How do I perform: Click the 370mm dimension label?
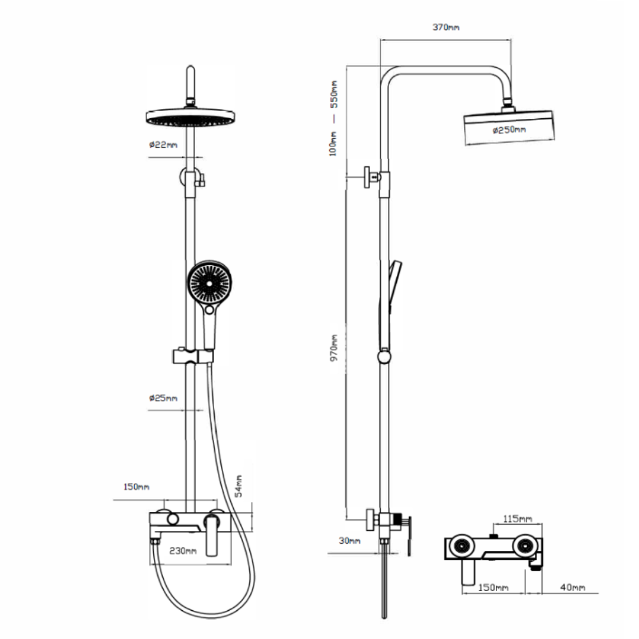tap(446, 27)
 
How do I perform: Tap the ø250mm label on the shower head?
tap(509, 130)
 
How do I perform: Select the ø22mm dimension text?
tap(163, 144)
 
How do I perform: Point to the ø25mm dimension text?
tap(163, 397)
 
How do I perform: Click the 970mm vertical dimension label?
tap(334, 348)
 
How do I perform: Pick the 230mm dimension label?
tap(183, 551)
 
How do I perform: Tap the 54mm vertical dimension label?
tap(239, 486)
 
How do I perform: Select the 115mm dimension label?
tap(518, 519)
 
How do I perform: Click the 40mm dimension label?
tap(573, 587)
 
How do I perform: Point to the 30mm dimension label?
tap(350, 541)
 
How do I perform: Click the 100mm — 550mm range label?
tap(334, 118)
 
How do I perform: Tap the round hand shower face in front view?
tap(210, 282)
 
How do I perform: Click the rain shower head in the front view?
tap(190, 116)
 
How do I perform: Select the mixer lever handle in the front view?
tap(212, 535)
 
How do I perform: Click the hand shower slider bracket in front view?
tap(192, 356)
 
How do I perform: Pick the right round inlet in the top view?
tap(526, 546)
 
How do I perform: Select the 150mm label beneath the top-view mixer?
tap(493, 587)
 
